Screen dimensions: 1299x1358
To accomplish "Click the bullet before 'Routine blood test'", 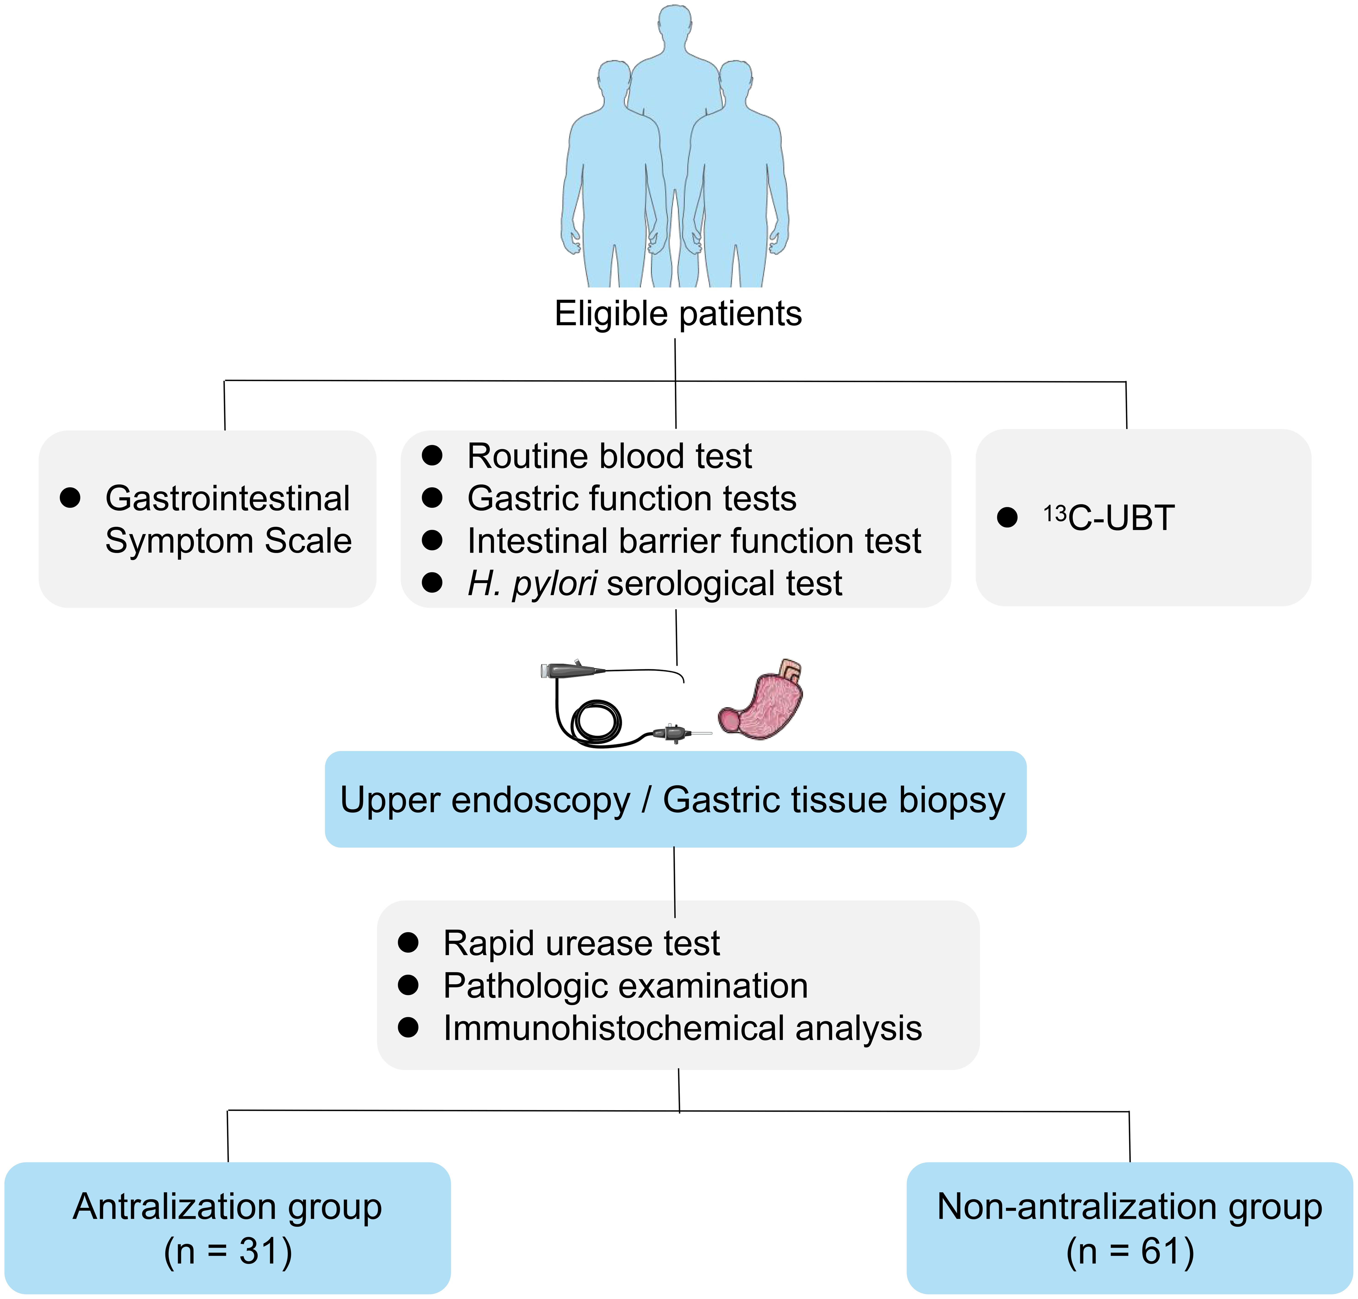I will point(432,456).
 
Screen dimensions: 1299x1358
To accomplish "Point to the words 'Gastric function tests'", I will point(632,499).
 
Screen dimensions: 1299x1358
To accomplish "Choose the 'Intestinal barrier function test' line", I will point(694,541).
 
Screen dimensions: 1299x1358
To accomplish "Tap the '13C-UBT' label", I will point(1109,518).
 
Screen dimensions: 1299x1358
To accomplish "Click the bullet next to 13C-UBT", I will point(1007,517).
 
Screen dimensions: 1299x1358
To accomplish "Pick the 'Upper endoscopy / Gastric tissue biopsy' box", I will point(675,800).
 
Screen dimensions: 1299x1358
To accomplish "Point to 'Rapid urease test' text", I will point(582,943).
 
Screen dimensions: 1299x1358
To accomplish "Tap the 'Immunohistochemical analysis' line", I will point(682,1028).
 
